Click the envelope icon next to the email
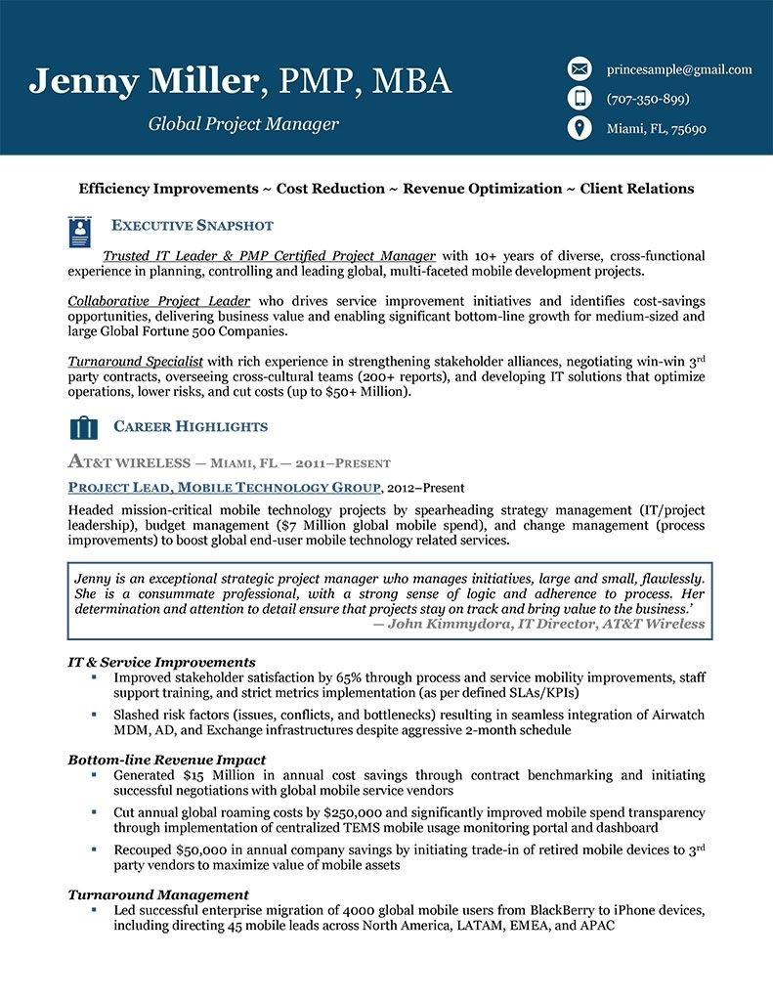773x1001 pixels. [x=580, y=68]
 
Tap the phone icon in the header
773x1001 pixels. [x=580, y=98]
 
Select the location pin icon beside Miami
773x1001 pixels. [x=580, y=128]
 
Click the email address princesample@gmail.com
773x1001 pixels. [x=679, y=69]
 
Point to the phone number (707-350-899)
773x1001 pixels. [x=648, y=99]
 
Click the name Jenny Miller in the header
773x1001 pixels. [x=146, y=81]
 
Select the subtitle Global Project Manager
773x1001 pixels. [x=243, y=124]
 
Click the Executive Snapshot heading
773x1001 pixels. [x=193, y=226]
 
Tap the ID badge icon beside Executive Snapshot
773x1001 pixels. [x=82, y=231]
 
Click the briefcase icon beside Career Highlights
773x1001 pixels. [x=84, y=427]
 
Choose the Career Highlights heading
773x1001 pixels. [x=191, y=427]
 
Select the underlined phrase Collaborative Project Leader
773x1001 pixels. [x=159, y=301]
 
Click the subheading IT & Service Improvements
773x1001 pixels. [x=162, y=662]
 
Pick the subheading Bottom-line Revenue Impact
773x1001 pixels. [x=167, y=760]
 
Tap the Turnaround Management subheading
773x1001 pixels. [x=158, y=894]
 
